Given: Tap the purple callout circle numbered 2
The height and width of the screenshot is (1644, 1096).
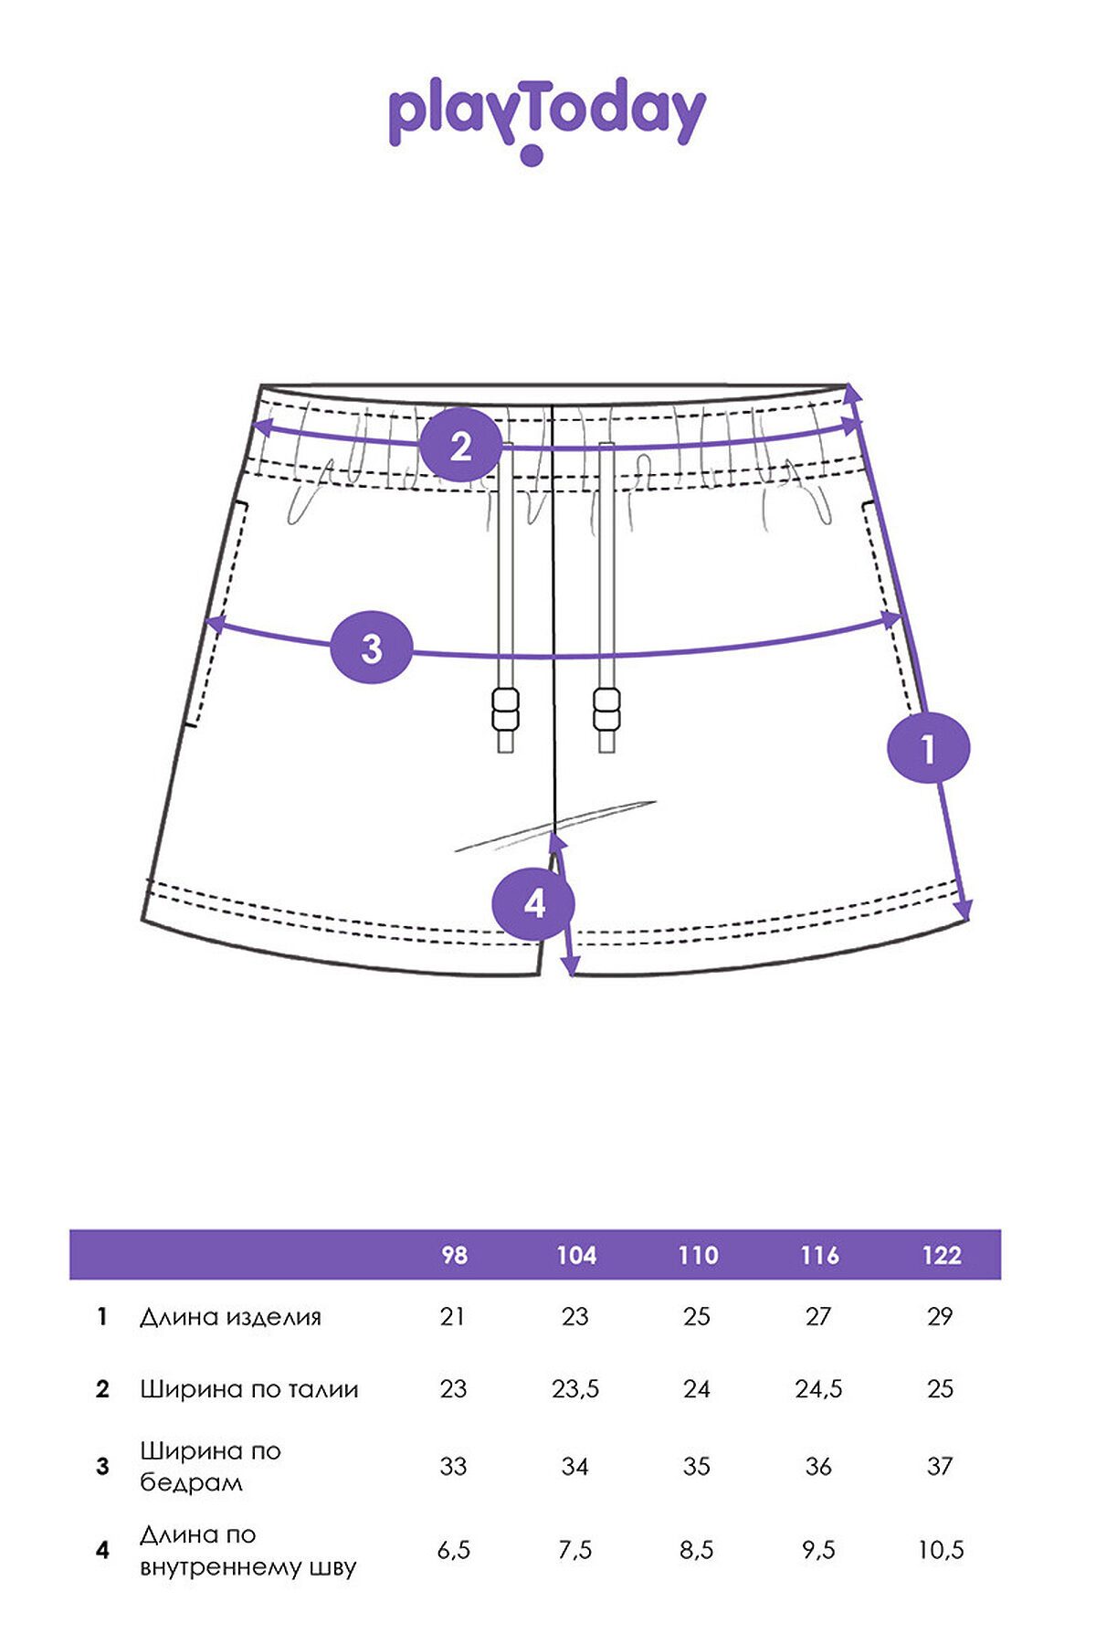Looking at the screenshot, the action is tap(461, 447).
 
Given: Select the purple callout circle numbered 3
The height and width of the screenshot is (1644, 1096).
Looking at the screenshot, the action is tap(371, 648).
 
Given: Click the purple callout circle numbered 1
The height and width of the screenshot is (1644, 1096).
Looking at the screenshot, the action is tap(929, 749).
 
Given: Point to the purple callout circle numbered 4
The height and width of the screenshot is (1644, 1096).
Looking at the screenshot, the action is tap(533, 903).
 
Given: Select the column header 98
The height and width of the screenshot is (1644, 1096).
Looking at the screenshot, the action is tap(454, 1255).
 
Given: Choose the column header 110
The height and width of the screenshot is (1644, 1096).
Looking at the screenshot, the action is tap(698, 1255).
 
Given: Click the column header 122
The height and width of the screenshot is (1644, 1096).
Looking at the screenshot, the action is tap(941, 1255).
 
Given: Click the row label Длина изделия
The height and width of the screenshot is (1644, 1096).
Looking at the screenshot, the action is tap(230, 1317).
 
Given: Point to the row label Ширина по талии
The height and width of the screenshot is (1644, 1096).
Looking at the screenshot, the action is tap(248, 1389).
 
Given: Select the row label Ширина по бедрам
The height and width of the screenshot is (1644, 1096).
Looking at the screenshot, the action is tap(210, 1466).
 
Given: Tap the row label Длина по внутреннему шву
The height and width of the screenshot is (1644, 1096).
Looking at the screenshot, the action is tap(248, 1550).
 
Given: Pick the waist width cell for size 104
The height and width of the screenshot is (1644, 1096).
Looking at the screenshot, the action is tap(575, 1389).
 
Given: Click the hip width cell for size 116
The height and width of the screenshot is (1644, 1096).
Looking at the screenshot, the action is tap(818, 1466).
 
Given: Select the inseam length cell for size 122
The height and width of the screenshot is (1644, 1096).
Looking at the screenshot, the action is tap(941, 1550).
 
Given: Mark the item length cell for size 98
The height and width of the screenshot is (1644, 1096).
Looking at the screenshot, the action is tap(452, 1316).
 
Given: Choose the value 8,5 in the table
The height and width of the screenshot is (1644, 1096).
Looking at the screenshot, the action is tap(697, 1550).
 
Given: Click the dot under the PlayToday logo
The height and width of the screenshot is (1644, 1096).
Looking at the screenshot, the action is tap(532, 155).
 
